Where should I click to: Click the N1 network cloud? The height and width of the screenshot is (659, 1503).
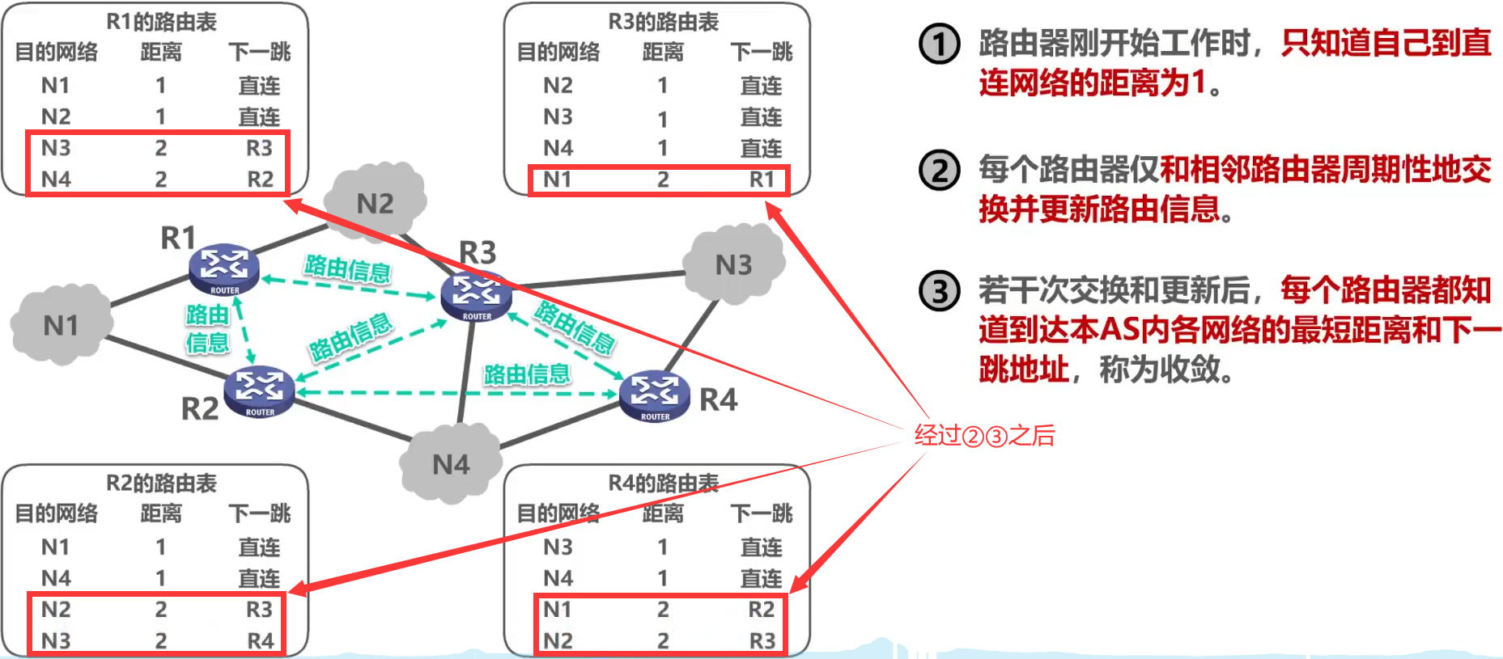click(61, 325)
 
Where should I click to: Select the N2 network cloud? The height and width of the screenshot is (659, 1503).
click(375, 203)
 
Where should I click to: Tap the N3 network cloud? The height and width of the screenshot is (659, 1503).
click(733, 264)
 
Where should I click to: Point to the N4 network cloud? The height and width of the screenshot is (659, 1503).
click(451, 464)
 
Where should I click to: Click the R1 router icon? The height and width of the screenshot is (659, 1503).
click(224, 268)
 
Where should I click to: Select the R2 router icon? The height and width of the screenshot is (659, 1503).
click(259, 391)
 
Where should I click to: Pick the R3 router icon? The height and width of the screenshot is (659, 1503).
click(476, 295)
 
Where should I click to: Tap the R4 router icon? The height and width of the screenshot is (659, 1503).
click(655, 395)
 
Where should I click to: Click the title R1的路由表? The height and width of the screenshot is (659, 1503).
click(161, 22)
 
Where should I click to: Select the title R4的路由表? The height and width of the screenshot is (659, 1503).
click(663, 483)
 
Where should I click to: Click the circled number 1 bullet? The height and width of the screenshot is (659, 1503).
click(940, 44)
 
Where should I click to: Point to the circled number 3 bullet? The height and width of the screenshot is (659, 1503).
click(940, 291)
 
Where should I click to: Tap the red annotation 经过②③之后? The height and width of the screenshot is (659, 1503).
click(984, 436)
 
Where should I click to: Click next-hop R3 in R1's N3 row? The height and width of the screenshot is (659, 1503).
click(259, 148)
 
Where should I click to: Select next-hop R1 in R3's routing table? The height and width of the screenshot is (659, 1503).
click(761, 180)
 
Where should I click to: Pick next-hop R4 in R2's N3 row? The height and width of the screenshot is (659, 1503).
click(260, 641)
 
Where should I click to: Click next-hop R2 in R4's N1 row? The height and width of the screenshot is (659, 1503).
click(761, 610)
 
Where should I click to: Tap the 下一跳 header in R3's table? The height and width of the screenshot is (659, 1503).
click(761, 53)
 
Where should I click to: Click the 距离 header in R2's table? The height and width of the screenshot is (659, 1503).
click(161, 513)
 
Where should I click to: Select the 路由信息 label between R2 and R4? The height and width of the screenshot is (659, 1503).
click(526, 374)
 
